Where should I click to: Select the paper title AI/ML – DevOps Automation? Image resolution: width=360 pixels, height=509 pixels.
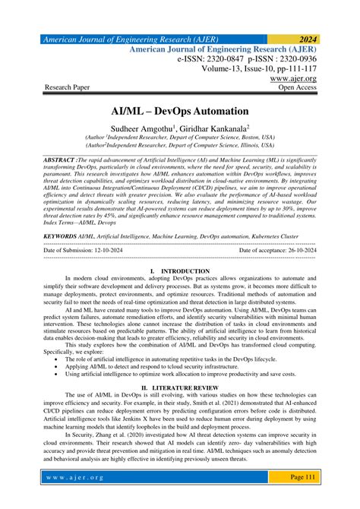[x=180, y=112]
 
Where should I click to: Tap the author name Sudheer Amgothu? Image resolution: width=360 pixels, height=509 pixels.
[x=142, y=130]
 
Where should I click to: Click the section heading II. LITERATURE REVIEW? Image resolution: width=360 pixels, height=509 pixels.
[x=179, y=388]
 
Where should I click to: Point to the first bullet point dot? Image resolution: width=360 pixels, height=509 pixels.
[x=58, y=358]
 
